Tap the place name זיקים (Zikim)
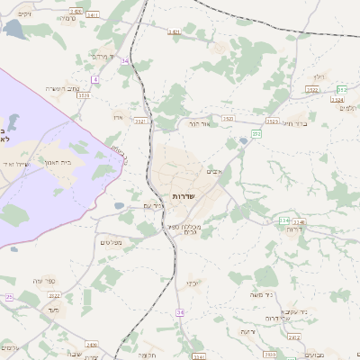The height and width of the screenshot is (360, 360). click(23, 15)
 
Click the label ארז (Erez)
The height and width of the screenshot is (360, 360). click(118, 117)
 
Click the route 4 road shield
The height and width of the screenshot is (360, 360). click(94, 79)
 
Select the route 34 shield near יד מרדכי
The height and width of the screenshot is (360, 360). click(124, 60)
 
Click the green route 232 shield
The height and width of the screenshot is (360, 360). click(256, 133)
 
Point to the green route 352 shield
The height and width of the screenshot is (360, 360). click(342, 89)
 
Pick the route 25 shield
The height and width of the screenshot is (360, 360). click(9, 297)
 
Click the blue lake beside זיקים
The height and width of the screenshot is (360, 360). click(15, 29)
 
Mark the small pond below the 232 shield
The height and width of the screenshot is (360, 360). click(243, 142)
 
